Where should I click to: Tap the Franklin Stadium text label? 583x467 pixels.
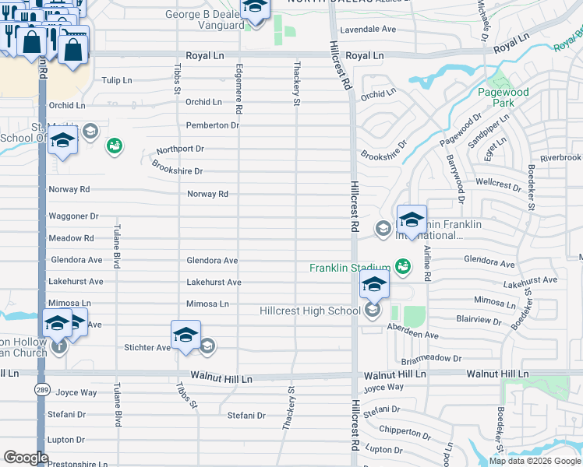(349, 268)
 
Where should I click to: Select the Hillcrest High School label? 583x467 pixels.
(310, 311)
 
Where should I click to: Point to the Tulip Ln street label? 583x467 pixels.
(117, 80)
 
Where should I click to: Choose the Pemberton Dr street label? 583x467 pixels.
(212, 125)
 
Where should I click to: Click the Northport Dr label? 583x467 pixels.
(179, 148)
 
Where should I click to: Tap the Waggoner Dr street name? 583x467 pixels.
(74, 216)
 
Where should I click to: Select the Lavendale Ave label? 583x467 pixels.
(367, 30)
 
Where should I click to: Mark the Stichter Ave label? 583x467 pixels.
(147, 347)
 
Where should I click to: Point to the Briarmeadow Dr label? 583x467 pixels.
(431, 359)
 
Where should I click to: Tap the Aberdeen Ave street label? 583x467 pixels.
(415, 335)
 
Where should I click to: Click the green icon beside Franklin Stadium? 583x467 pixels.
(402, 267)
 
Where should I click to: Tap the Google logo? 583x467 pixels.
(26, 458)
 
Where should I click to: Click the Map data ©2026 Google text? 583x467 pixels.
(535, 461)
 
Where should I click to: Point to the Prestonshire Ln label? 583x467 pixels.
(77, 464)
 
